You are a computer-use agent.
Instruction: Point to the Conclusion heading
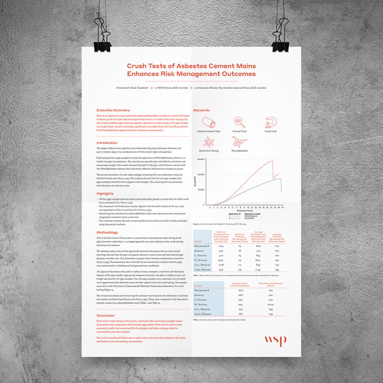pyautogui.click(x=106, y=316)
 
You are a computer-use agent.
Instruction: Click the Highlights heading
pyautogui.click(x=105, y=193)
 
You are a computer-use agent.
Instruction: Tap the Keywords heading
pyautogui.click(x=202, y=110)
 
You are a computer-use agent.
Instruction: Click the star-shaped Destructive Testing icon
pyautogui.click(x=208, y=141)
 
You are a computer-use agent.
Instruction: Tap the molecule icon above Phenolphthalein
pyautogui.click(x=239, y=141)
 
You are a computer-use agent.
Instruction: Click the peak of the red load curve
pyautogui.click(x=272, y=161)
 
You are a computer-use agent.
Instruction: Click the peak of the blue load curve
pyautogui.click(x=281, y=179)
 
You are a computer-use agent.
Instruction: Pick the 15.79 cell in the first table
pyautogui.click(x=221, y=259)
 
